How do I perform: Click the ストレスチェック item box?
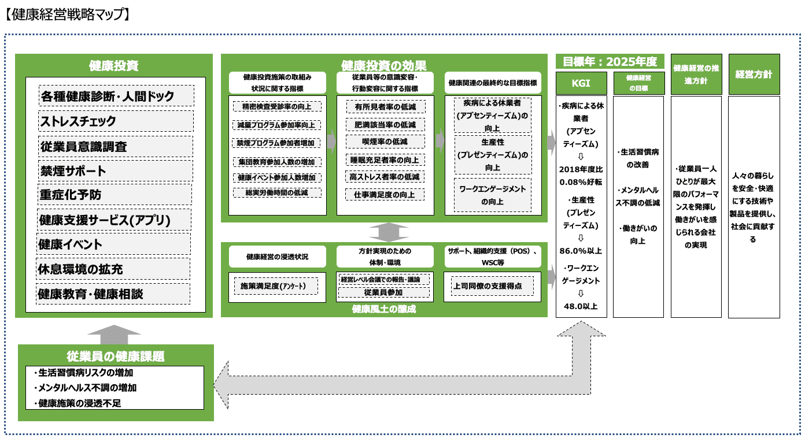pyautogui.click(x=116, y=121)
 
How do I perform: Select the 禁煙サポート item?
pyautogui.click(x=116, y=170)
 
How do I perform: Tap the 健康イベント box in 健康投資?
pyautogui.click(x=114, y=244)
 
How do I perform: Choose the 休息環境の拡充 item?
pyautogui.click(x=114, y=269)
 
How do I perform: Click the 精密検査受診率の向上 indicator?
pyautogui.click(x=277, y=106)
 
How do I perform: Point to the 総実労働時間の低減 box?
pyautogui.click(x=277, y=192)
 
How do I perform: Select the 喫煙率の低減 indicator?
pyautogui.click(x=385, y=142)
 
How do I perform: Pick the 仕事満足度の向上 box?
pyautogui.click(x=385, y=194)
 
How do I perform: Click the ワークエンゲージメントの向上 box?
pyautogui.click(x=493, y=195)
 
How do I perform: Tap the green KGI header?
pyautogui.click(x=581, y=83)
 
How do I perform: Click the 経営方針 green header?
pyautogui.click(x=754, y=75)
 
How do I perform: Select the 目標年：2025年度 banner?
pyautogui.click(x=610, y=61)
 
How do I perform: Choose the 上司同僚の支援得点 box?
pyautogui.click(x=493, y=285)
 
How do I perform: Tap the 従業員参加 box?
pyautogui.click(x=385, y=292)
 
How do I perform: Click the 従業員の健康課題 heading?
pyautogui.click(x=116, y=355)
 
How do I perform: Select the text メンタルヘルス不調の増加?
pyautogui.click(x=88, y=388)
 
